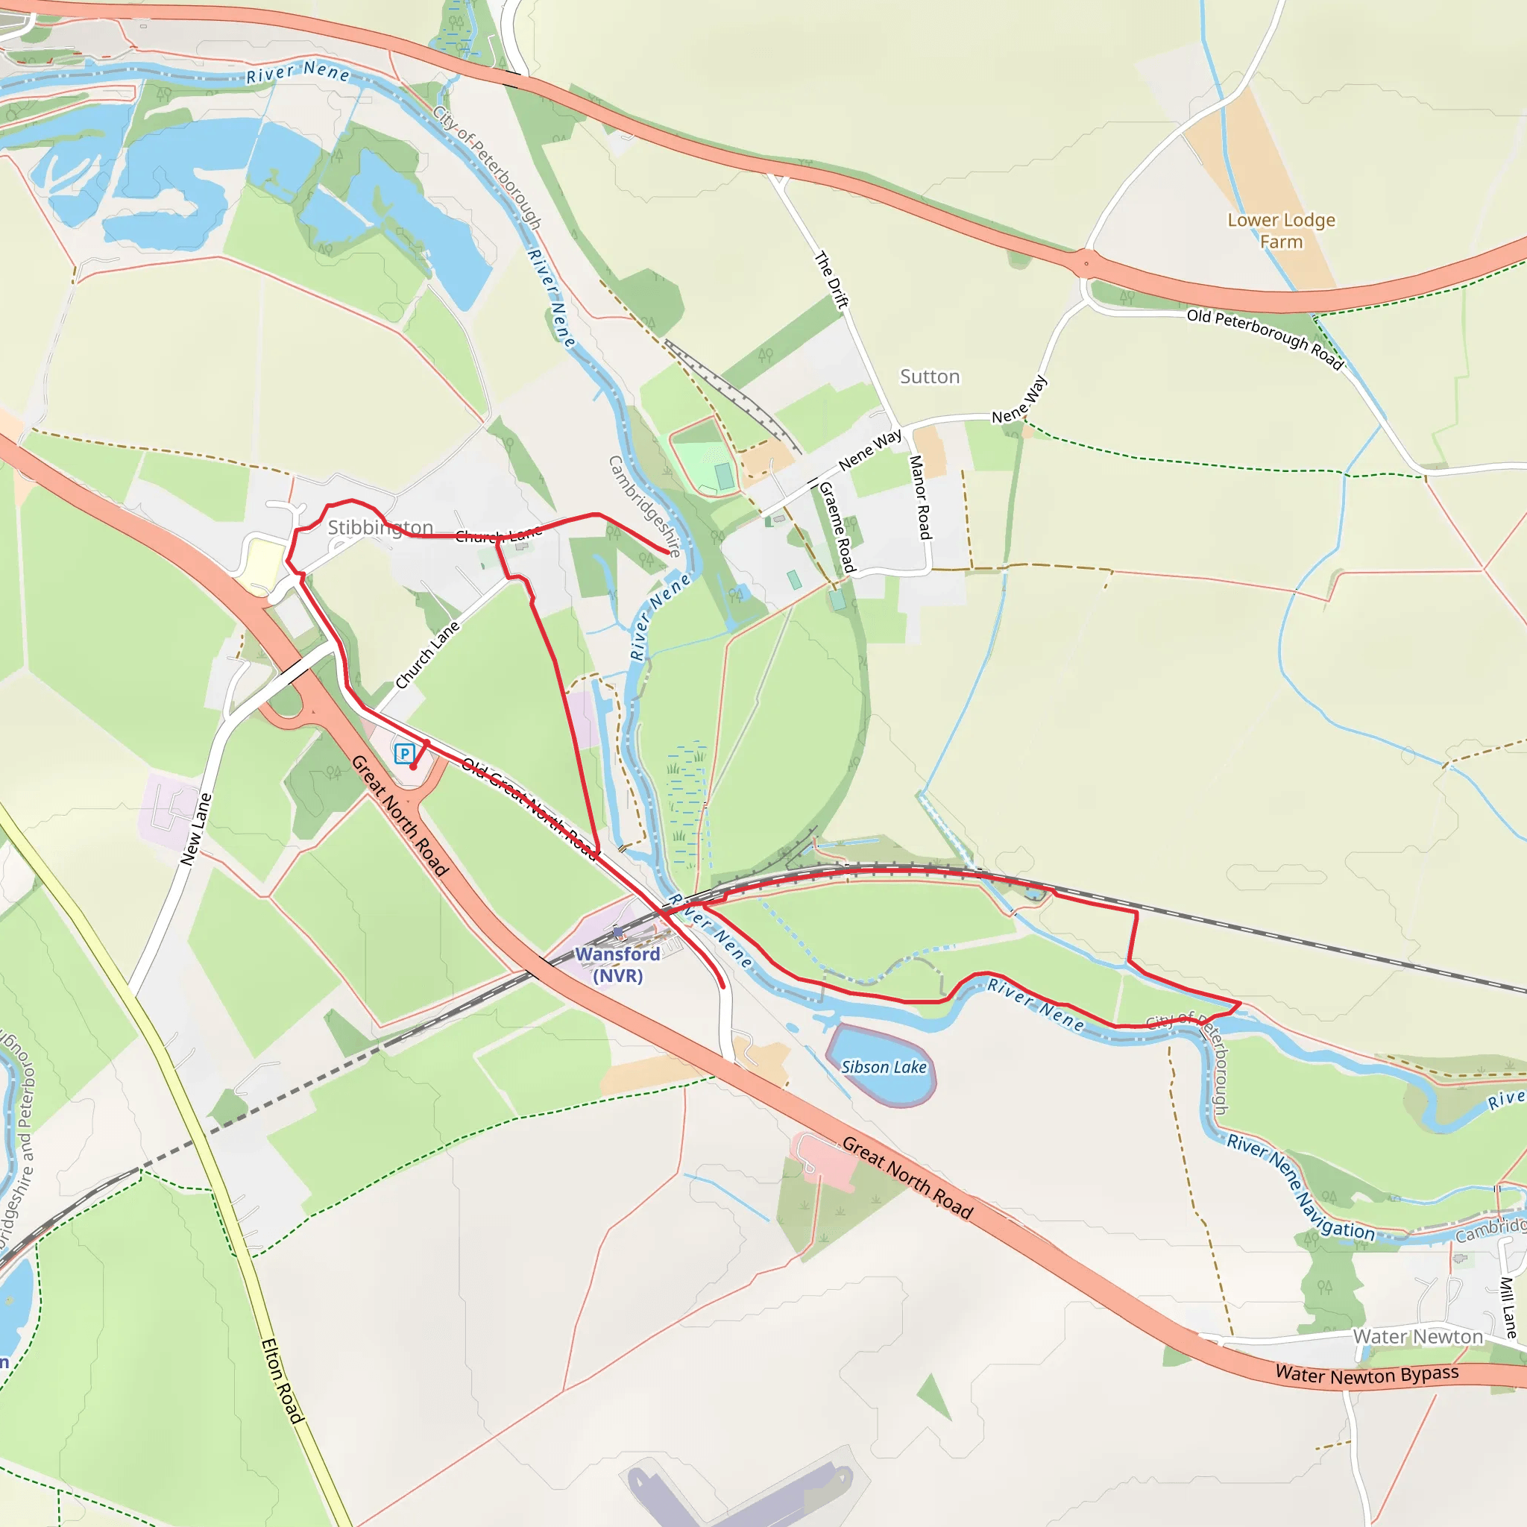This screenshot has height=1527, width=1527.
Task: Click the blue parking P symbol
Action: (405, 753)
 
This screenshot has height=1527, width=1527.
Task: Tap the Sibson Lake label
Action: (883, 1067)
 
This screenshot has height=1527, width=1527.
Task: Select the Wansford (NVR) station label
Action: (617, 964)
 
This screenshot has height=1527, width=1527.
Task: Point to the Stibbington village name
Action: (380, 527)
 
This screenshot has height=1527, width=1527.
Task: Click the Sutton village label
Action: (930, 377)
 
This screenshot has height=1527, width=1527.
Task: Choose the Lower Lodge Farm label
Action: (1281, 231)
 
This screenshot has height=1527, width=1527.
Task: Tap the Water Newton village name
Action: (1418, 1337)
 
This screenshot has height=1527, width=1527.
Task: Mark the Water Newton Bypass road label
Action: (1367, 1374)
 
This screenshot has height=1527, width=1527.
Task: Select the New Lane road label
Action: (196, 829)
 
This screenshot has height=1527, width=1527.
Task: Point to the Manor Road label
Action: (921, 497)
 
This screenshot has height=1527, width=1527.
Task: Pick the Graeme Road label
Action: (837, 527)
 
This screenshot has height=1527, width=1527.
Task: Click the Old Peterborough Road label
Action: (1265, 339)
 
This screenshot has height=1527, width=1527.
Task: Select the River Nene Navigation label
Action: (1300, 1186)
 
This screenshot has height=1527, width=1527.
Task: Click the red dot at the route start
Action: (412, 766)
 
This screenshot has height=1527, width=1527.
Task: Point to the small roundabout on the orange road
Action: (1086, 263)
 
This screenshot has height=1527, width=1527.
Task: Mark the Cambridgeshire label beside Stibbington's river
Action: (644, 506)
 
